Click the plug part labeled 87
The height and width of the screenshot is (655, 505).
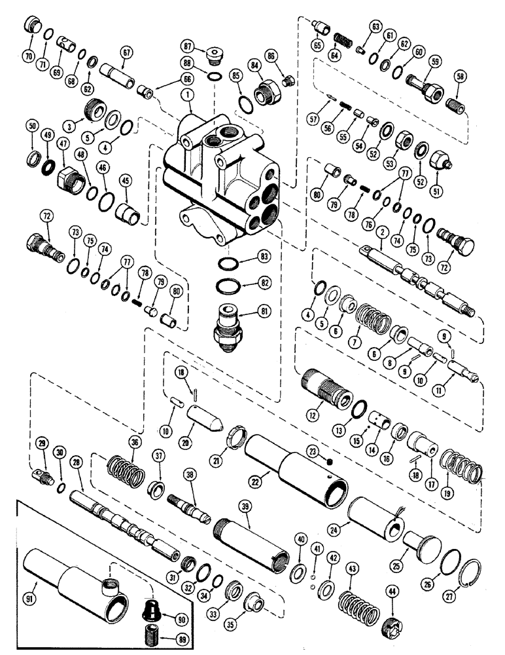[212, 55]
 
